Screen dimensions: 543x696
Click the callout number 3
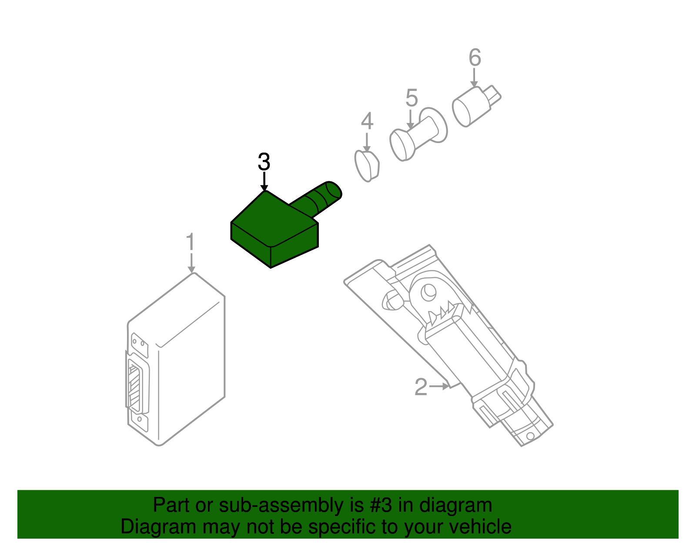pyautogui.click(x=264, y=162)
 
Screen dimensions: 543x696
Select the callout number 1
pyautogui.click(x=191, y=242)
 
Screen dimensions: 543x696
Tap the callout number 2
pyautogui.click(x=421, y=387)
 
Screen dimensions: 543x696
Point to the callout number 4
pyautogui.click(x=367, y=121)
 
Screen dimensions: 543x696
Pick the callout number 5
pyautogui.click(x=411, y=98)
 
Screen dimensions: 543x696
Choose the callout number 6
pyautogui.click(x=475, y=57)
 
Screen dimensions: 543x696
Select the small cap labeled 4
pyautogui.click(x=368, y=166)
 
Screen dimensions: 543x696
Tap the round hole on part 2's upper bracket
pyautogui.click(x=428, y=291)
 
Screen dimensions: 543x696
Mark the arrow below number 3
pyautogui.click(x=264, y=181)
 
